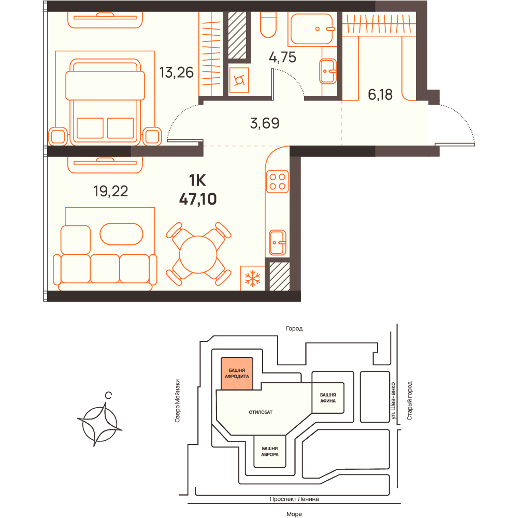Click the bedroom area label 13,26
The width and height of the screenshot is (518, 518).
tap(177, 73)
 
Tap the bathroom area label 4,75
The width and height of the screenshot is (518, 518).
tap(282, 57)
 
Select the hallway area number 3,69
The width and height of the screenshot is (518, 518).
tap(265, 123)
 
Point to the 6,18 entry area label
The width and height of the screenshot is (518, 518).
tap(380, 95)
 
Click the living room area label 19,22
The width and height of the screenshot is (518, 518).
tap(111, 191)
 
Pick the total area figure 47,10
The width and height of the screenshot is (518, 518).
tap(198, 199)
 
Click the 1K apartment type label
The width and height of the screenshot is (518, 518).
tap(197, 180)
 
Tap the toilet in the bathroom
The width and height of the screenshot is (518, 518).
tap(268, 25)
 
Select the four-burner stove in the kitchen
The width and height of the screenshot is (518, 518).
tap(278, 182)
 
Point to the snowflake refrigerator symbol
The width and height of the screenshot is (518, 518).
tap(253, 278)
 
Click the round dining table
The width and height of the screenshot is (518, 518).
tap(198, 254)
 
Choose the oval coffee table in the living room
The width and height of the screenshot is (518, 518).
tap(122, 234)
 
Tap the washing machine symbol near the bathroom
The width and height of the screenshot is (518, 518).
tap(239, 80)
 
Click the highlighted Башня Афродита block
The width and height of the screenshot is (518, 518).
tap(237, 373)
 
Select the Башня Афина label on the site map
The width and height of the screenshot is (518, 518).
tap(328, 398)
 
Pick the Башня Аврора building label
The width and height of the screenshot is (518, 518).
tap(270, 451)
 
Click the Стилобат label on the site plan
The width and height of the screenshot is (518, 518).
tap(261, 412)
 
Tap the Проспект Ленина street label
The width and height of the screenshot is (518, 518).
tap(294, 499)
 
